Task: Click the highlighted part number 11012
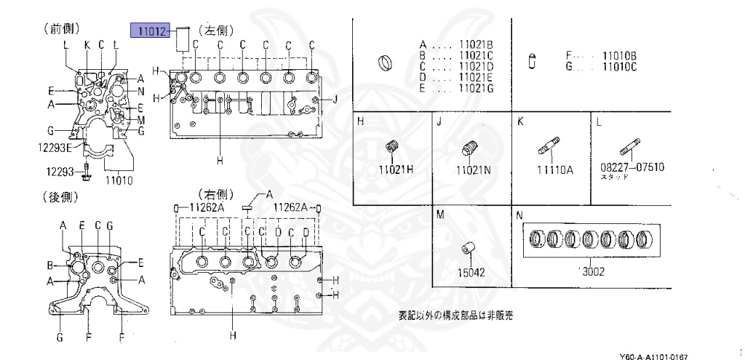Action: click(x=150, y=31)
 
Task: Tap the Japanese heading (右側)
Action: click(x=215, y=196)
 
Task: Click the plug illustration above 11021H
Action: click(x=395, y=148)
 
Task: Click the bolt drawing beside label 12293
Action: click(x=87, y=172)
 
